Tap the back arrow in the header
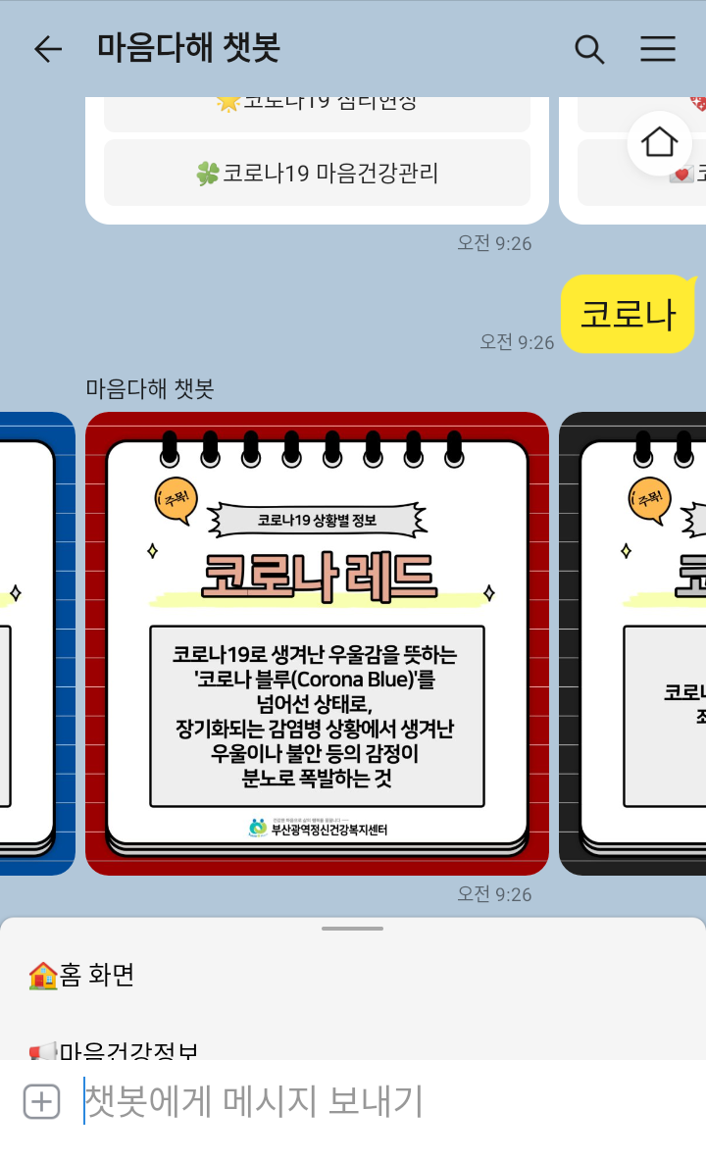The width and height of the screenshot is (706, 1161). pos(47,49)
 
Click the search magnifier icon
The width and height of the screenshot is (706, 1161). pos(589,49)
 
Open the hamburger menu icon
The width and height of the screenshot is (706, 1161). pos(658,49)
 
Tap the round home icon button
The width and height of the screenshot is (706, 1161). pos(659,143)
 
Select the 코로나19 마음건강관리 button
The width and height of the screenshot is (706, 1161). pos(317,174)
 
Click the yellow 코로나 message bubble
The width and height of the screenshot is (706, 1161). pos(628,314)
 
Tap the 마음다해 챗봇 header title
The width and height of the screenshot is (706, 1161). pos(188,48)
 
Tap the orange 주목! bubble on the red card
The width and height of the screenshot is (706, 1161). pos(176,499)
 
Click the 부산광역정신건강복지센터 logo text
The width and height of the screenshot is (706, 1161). pos(328,830)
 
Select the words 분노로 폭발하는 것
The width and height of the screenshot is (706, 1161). pos(317,779)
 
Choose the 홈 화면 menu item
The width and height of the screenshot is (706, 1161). pos(96,975)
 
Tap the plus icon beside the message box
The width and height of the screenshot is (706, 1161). pos(41,1102)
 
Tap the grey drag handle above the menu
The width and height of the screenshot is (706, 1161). pos(352,928)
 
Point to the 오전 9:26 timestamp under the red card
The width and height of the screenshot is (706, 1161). pos(494,894)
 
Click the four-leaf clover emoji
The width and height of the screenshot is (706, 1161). pos(207,174)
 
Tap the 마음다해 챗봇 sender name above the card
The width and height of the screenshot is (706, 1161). pos(149,388)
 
